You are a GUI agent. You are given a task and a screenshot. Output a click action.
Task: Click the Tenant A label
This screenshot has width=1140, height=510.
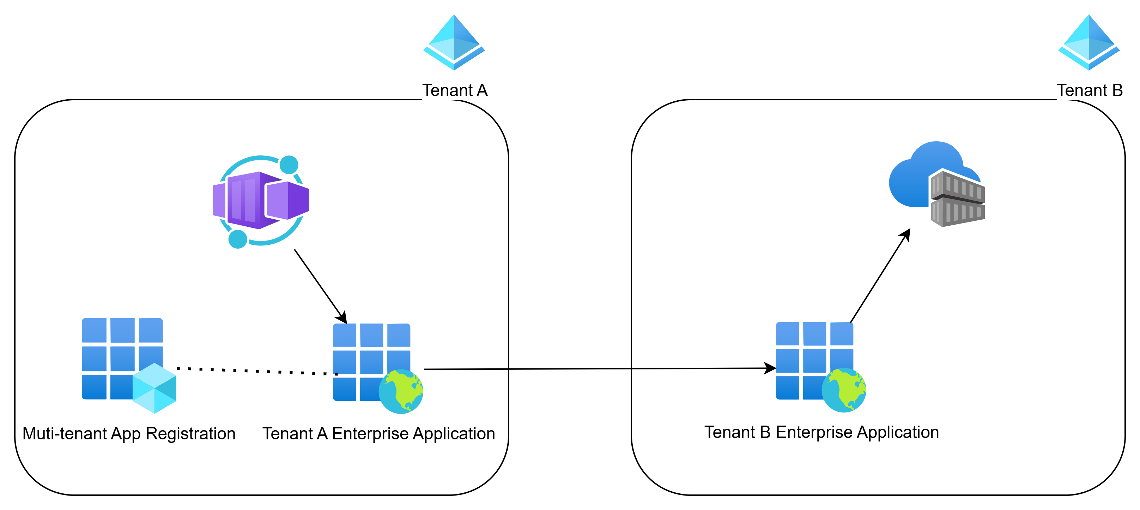pyautogui.click(x=455, y=90)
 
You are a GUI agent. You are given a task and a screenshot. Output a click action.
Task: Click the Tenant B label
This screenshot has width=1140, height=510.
pyautogui.click(x=1089, y=90)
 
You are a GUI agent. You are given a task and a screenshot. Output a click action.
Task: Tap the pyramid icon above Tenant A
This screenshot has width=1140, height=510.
pyautogui.click(x=454, y=42)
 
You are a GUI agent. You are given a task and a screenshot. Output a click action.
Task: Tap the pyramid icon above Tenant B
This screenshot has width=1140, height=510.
pyautogui.click(x=1088, y=42)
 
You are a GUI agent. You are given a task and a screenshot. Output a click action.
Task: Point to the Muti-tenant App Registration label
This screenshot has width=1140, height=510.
pyautogui.click(x=129, y=433)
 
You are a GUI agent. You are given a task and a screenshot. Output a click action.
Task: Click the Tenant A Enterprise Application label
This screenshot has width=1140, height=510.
pyautogui.click(x=378, y=433)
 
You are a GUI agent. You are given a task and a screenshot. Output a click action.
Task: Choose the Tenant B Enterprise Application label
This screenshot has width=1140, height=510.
pyautogui.click(x=821, y=432)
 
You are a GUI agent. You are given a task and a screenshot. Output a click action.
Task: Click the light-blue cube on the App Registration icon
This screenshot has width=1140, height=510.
pyautogui.click(x=154, y=388)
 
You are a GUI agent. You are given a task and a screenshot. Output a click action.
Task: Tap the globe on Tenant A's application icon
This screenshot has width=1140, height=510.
pyautogui.click(x=401, y=391)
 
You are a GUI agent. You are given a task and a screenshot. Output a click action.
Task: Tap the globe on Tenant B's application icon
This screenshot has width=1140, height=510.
pyautogui.click(x=844, y=390)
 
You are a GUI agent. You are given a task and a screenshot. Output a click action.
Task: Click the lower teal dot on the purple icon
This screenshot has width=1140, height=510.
pyautogui.click(x=238, y=239)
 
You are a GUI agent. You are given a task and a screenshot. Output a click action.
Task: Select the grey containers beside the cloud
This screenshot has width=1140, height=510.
pyautogui.click(x=958, y=198)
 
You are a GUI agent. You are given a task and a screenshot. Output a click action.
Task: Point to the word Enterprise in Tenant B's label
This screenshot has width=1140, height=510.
pyautogui.click(x=814, y=432)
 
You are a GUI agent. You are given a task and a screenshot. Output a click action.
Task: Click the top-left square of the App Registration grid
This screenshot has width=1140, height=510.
pyautogui.click(x=94, y=330)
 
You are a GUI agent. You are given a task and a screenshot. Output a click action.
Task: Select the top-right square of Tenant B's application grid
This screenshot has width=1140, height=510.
pyautogui.click(x=841, y=334)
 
